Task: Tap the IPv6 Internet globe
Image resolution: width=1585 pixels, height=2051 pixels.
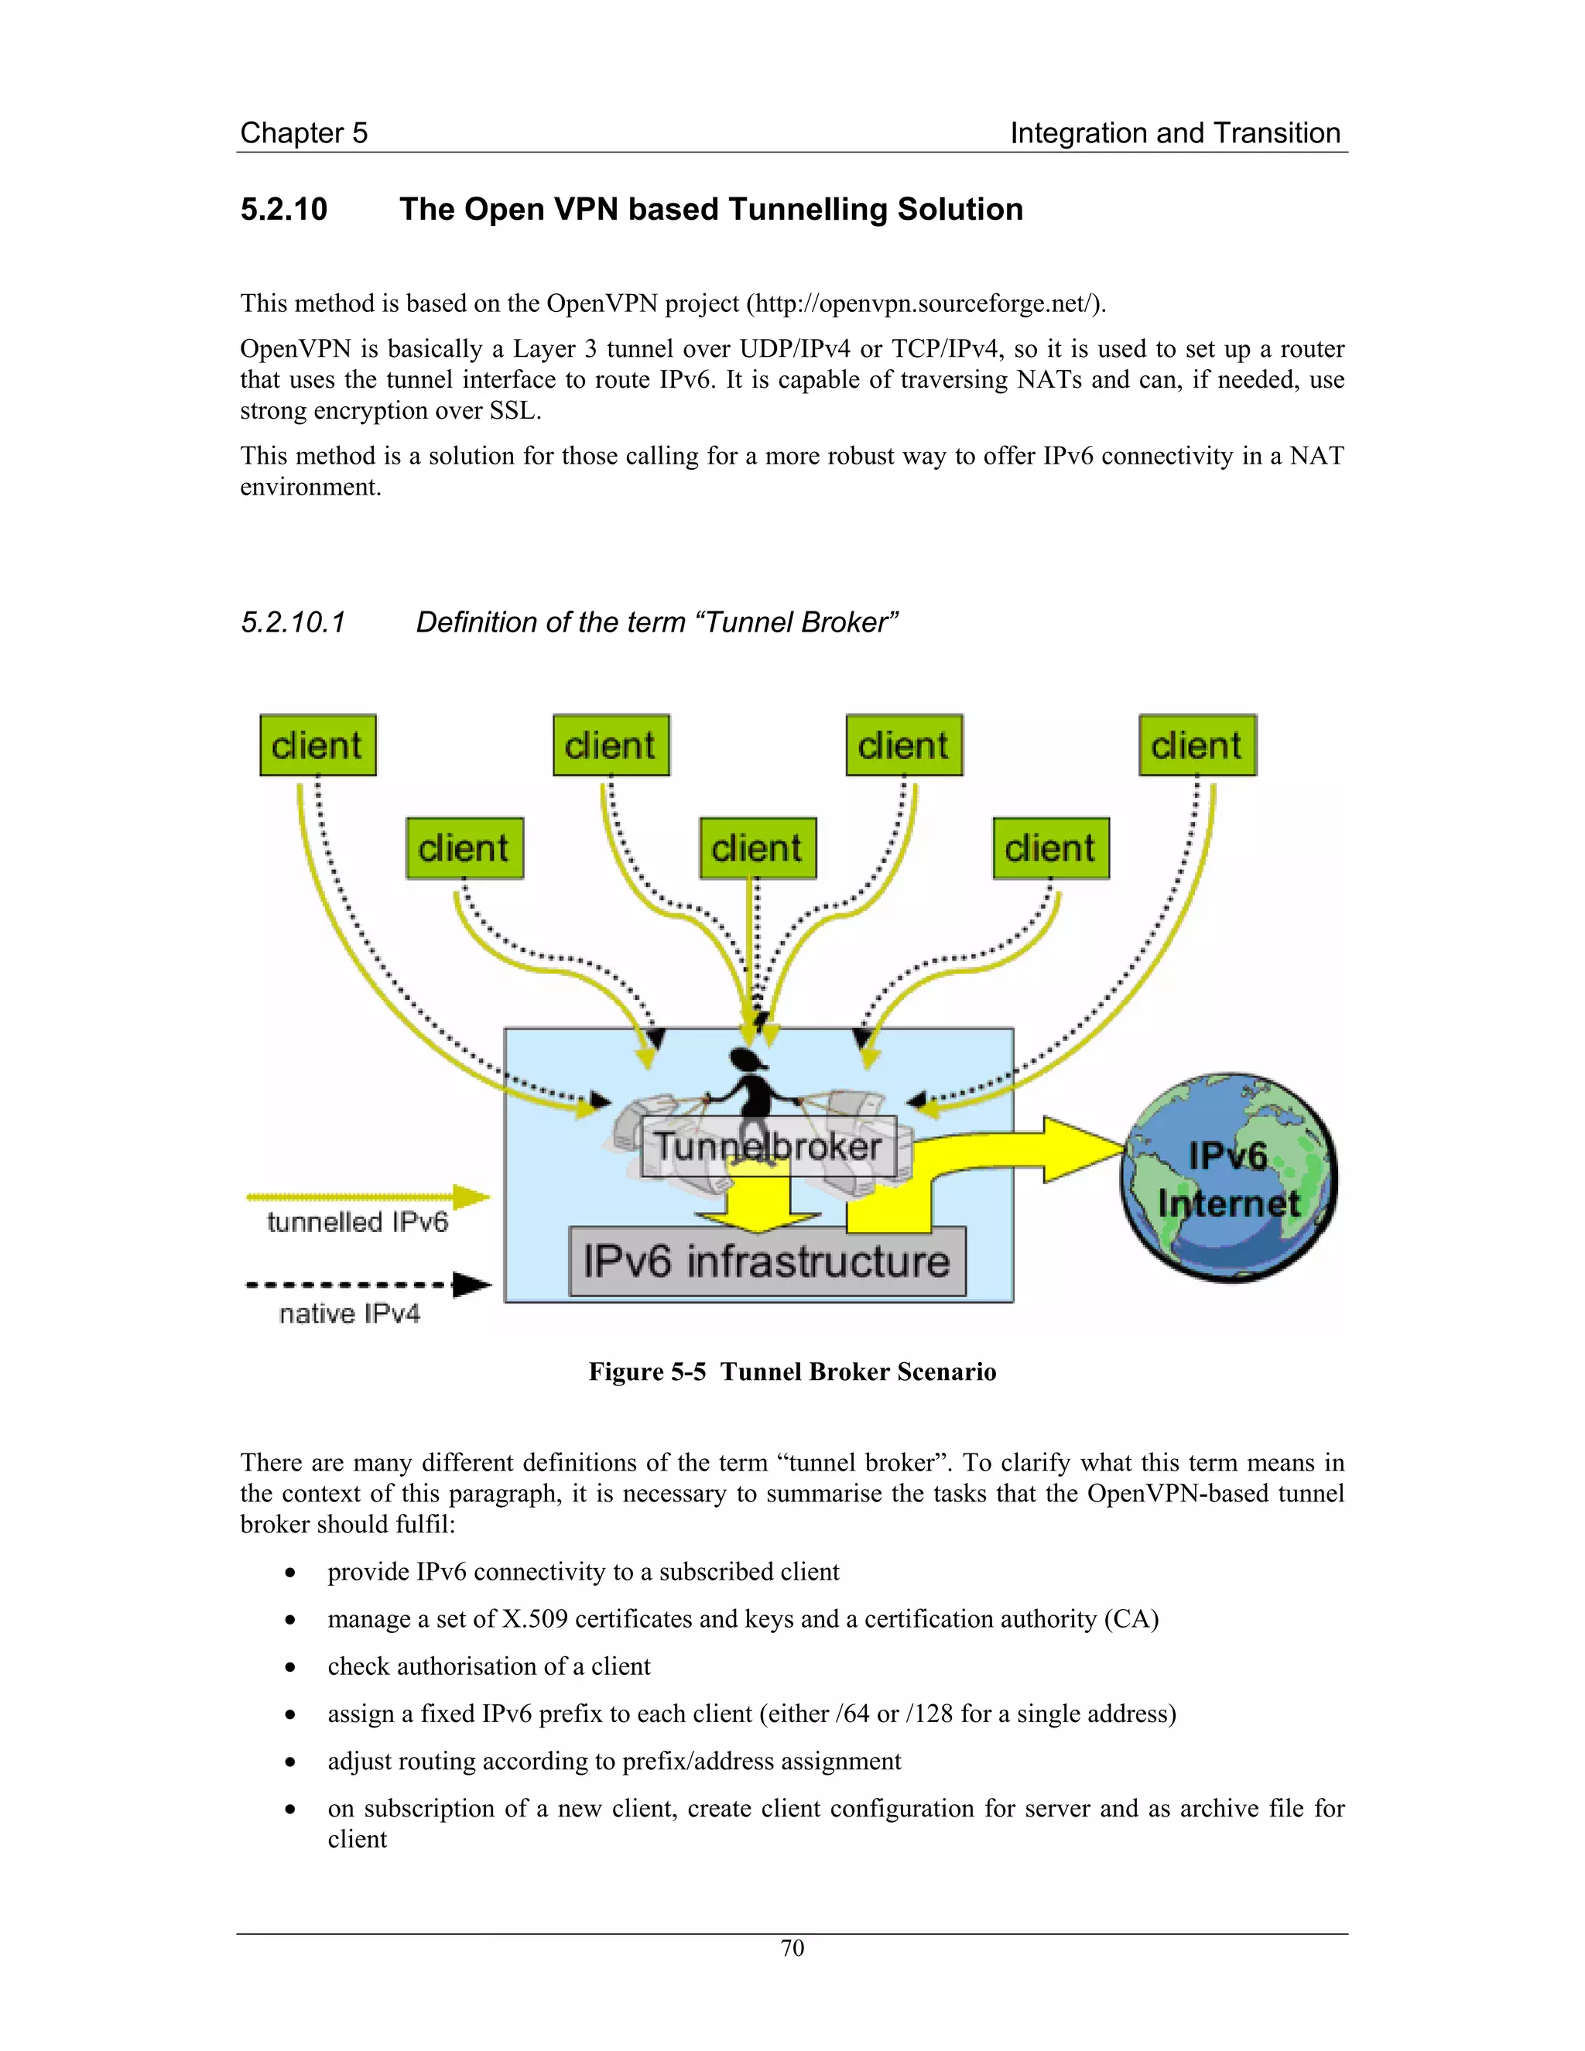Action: click(1229, 1180)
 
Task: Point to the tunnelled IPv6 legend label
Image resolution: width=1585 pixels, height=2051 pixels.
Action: click(357, 1222)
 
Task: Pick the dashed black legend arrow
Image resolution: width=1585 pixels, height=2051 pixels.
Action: click(367, 1285)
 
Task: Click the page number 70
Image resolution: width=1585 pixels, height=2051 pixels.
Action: click(792, 1948)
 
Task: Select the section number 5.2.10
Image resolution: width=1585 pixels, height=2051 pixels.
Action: click(283, 210)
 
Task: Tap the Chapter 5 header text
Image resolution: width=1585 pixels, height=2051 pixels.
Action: click(303, 133)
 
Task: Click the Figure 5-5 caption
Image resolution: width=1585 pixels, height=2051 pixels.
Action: click(792, 1372)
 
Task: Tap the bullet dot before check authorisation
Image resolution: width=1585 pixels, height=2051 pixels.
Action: click(291, 1668)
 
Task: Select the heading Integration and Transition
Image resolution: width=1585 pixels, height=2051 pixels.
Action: click(1175, 133)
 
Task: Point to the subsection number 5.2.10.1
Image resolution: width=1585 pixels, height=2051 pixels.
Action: click(294, 622)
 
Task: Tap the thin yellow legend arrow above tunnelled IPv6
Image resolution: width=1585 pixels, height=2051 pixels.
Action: click(367, 1197)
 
